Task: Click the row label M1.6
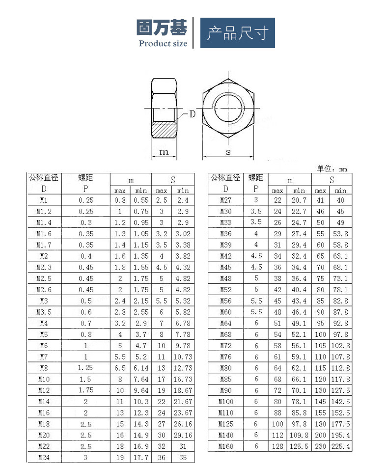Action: tap(44, 234)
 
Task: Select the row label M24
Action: tap(44, 458)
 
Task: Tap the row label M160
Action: tap(225, 446)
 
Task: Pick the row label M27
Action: tap(225, 200)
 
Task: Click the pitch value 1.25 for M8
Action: tap(85, 368)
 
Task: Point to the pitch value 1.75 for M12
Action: tap(85, 390)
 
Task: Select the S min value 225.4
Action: tap(340, 446)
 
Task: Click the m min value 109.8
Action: tap(299, 435)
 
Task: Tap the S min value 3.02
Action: tap(183, 234)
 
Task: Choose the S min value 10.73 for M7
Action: tap(183, 357)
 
